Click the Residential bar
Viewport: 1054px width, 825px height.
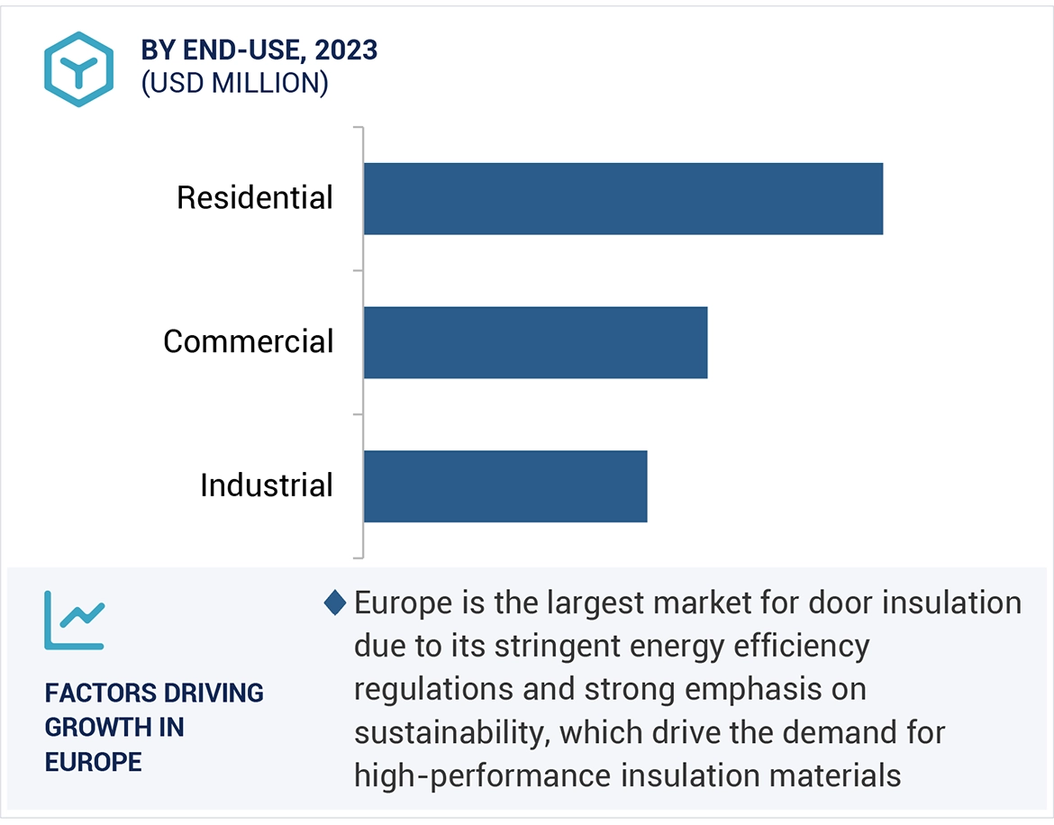[622, 198]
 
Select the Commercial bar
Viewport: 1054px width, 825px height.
[535, 342]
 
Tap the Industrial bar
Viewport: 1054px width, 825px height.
[504, 485]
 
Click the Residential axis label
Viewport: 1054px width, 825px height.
[255, 198]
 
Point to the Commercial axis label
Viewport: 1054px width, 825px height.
[248, 342]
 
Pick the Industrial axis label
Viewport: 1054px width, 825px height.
[267, 485]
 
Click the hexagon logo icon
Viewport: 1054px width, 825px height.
[79, 69]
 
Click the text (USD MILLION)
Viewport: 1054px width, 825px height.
[234, 83]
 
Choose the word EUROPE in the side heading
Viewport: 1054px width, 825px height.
[94, 762]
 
